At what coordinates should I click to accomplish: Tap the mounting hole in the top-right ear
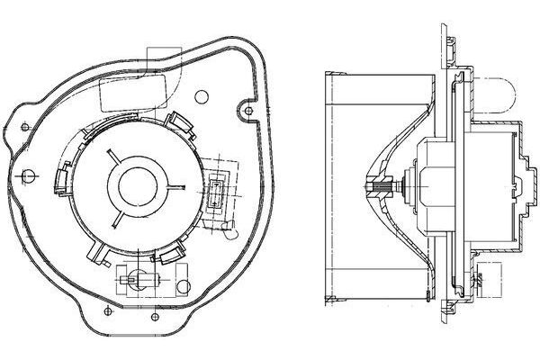247,111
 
